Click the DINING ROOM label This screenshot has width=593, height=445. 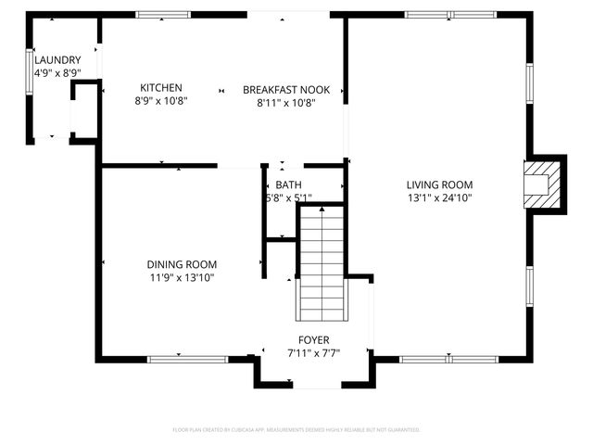(x=182, y=264)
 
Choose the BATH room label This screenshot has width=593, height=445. (x=288, y=184)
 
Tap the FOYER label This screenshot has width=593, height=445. (x=313, y=340)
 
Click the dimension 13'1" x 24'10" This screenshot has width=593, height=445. (x=440, y=197)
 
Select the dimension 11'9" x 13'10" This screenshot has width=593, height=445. (x=182, y=277)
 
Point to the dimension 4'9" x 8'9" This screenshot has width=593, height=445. (x=57, y=72)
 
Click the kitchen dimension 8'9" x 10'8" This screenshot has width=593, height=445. (x=161, y=101)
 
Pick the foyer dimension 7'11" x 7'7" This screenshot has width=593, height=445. (x=313, y=353)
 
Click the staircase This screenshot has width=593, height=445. (x=321, y=264)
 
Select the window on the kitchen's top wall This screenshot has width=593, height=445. (x=163, y=15)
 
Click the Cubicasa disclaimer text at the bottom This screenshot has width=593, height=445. (x=296, y=430)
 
